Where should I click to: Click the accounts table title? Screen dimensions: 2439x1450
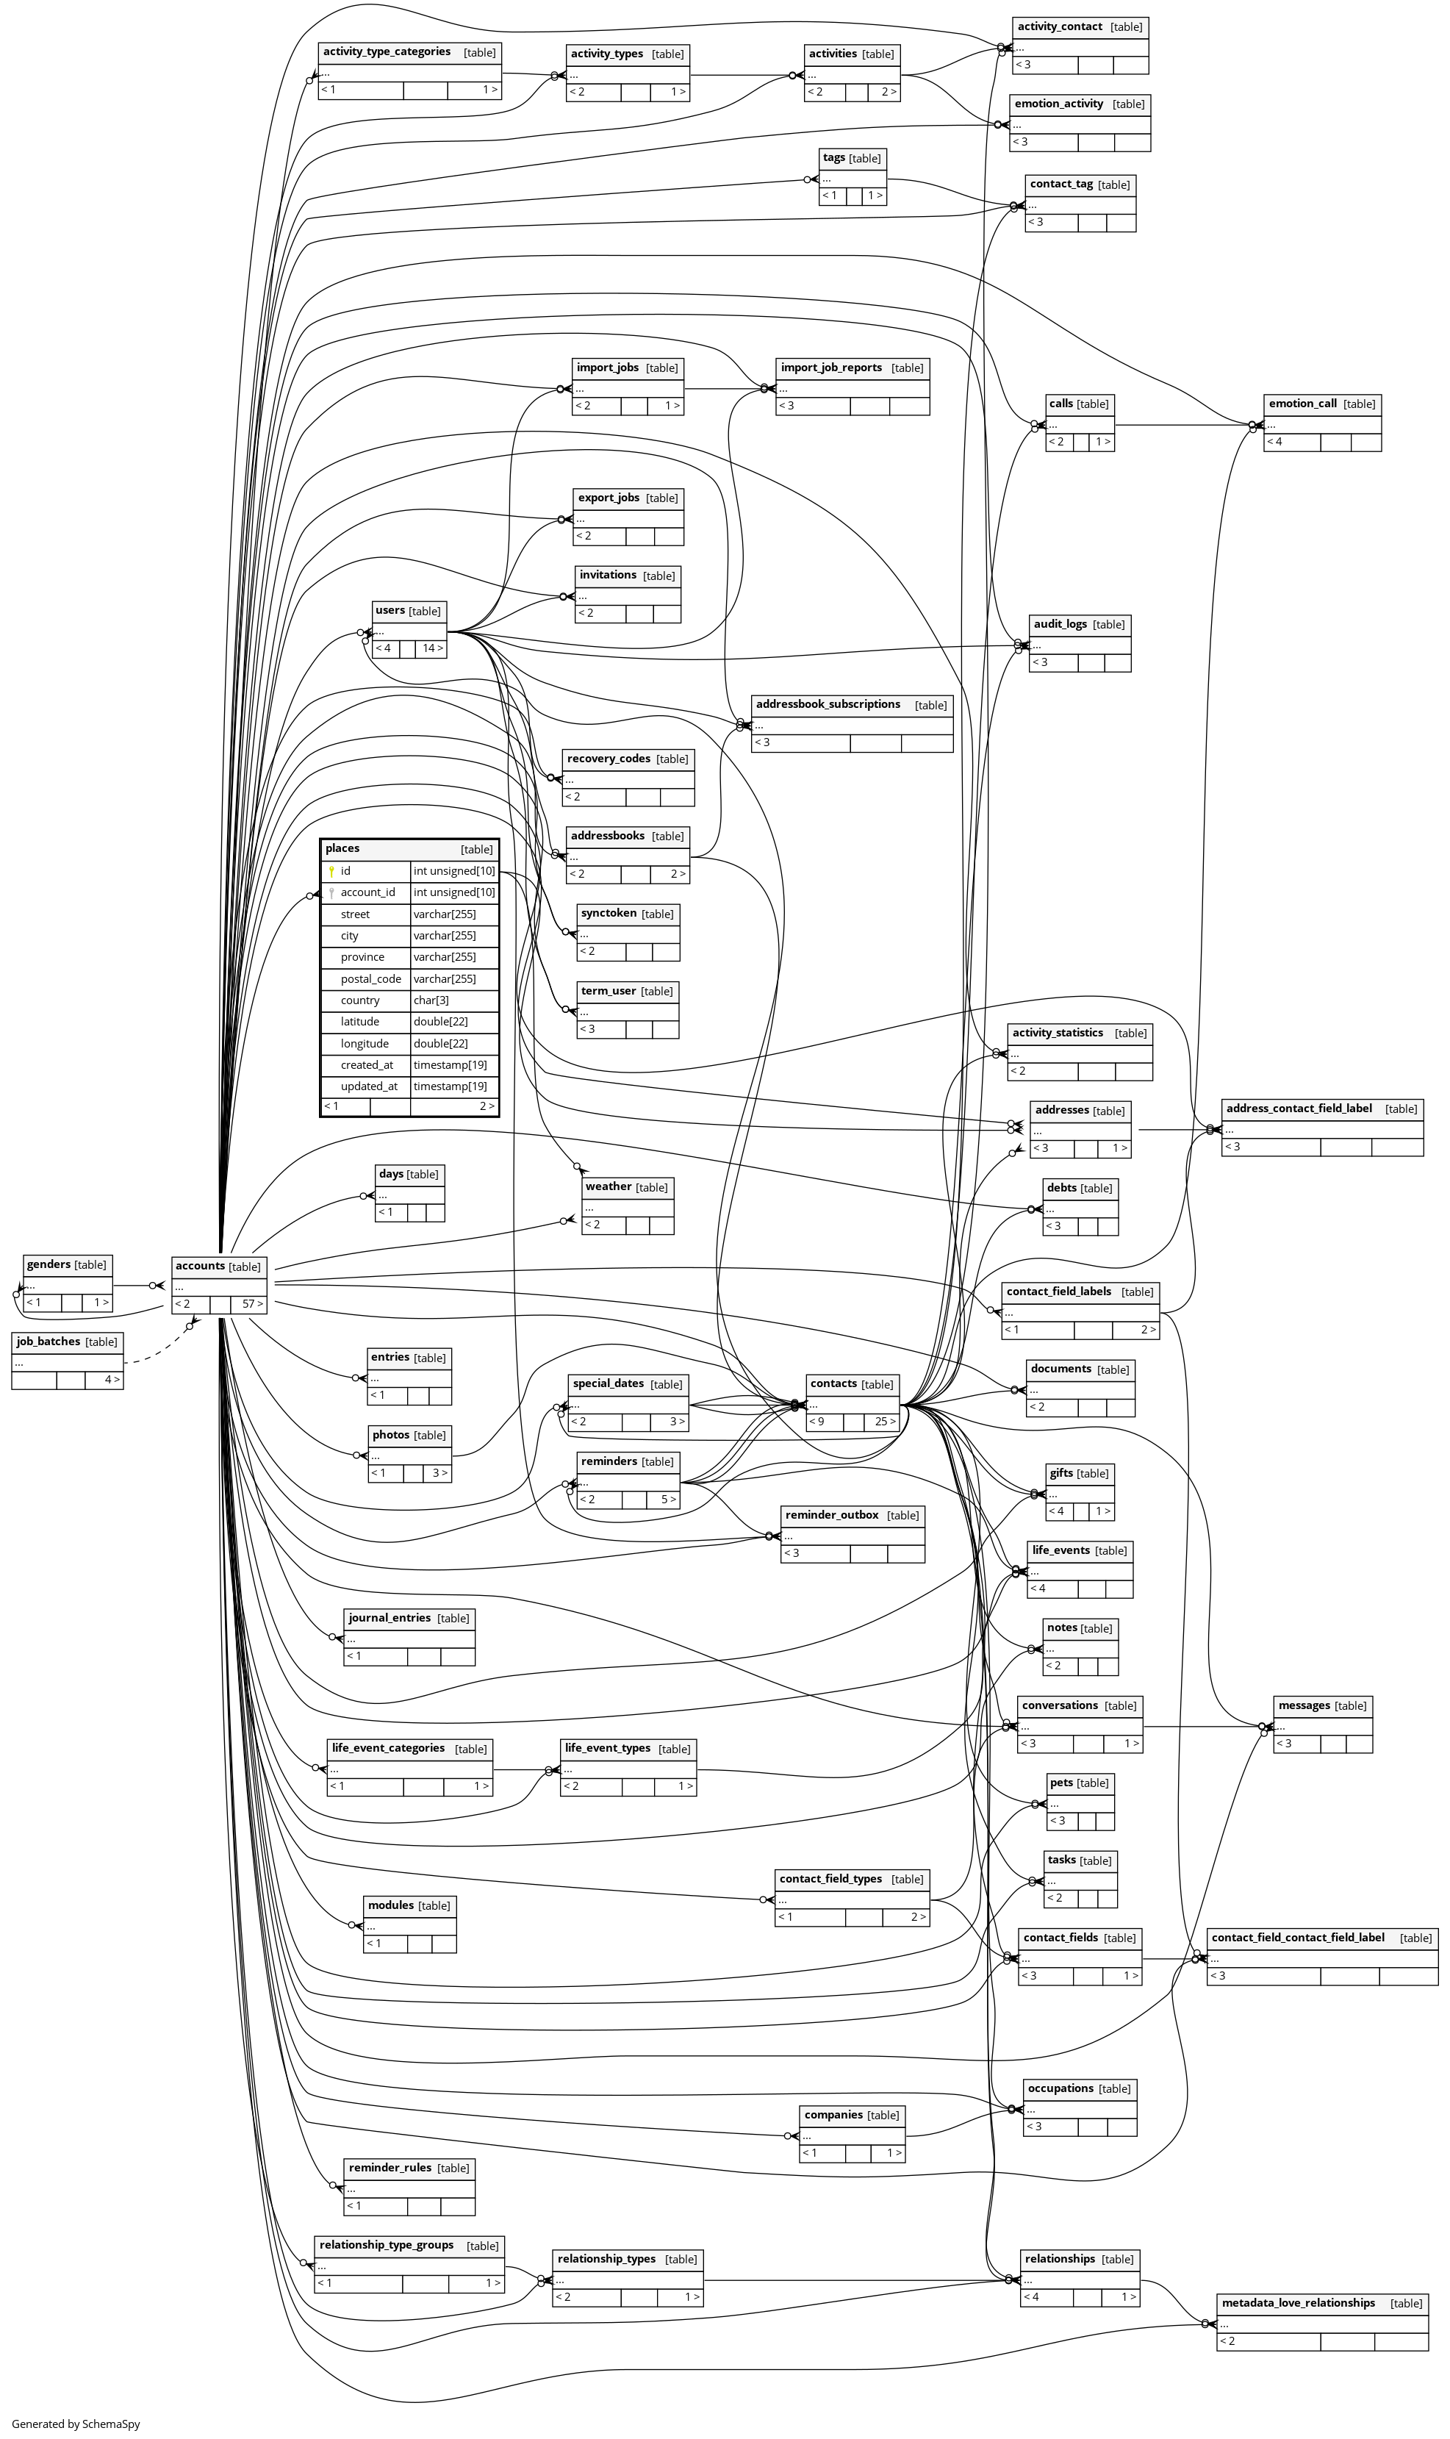(201, 1265)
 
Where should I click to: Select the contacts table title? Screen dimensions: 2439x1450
(833, 1383)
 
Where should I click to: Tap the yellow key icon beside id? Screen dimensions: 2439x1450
(331, 870)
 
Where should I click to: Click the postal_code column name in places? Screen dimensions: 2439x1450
(370, 978)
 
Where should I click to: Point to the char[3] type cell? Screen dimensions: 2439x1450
(431, 1000)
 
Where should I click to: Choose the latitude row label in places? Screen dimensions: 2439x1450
(359, 1021)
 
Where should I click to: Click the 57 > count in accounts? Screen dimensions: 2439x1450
(252, 1303)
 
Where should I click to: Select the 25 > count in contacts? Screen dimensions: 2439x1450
(884, 1421)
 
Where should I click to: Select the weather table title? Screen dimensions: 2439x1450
(609, 1186)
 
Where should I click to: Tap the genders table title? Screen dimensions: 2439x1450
(49, 1264)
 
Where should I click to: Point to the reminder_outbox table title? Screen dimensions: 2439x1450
(831, 1514)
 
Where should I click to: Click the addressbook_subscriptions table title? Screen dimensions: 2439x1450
(828, 703)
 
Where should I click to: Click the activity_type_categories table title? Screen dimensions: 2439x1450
(387, 51)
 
